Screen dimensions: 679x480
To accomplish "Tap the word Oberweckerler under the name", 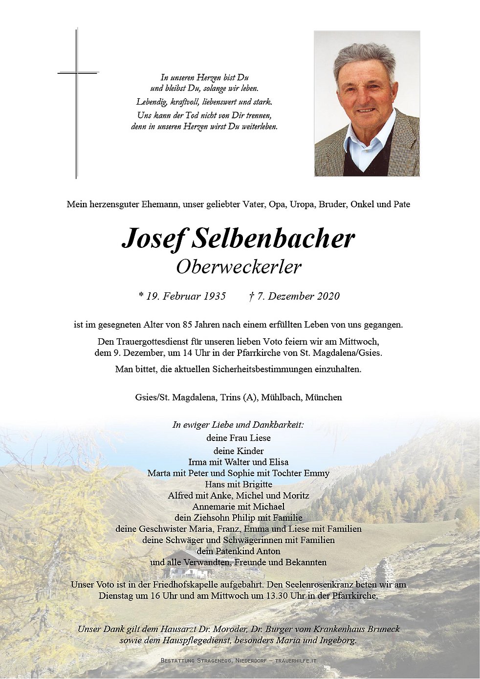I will click(239, 267).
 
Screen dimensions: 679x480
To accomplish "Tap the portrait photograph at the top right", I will click(367, 104).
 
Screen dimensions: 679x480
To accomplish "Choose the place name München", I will click(324, 397).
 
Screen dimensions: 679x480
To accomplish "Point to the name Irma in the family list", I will click(198, 462).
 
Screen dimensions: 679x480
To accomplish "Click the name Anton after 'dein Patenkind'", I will click(269, 551).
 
